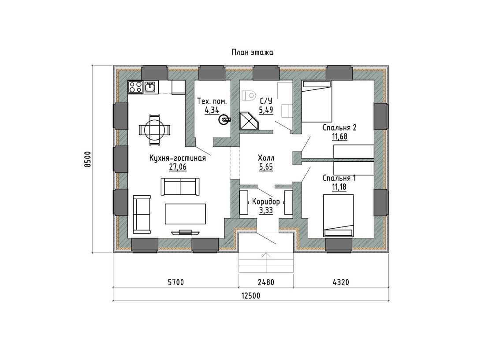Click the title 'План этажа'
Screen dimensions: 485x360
[252, 52]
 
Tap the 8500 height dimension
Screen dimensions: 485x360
[88, 159]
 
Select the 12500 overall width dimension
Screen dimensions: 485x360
[250, 295]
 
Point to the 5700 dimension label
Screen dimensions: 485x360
[175, 282]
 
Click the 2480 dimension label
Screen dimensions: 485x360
[266, 282]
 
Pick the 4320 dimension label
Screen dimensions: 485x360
[341, 282]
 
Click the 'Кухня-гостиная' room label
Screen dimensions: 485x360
[178, 158]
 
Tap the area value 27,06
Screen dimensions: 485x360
[178, 167]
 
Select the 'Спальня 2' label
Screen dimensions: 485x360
[339, 128]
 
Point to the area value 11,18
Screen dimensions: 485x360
[339, 187]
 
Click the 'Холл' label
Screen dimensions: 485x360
[266, 158]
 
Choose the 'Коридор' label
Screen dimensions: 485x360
[266, 202]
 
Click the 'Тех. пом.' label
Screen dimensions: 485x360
[212, 101]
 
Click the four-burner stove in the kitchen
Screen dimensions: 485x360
[135, 87]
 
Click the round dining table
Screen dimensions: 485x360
[154, 130]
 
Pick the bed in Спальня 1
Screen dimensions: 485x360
[338, 215]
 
